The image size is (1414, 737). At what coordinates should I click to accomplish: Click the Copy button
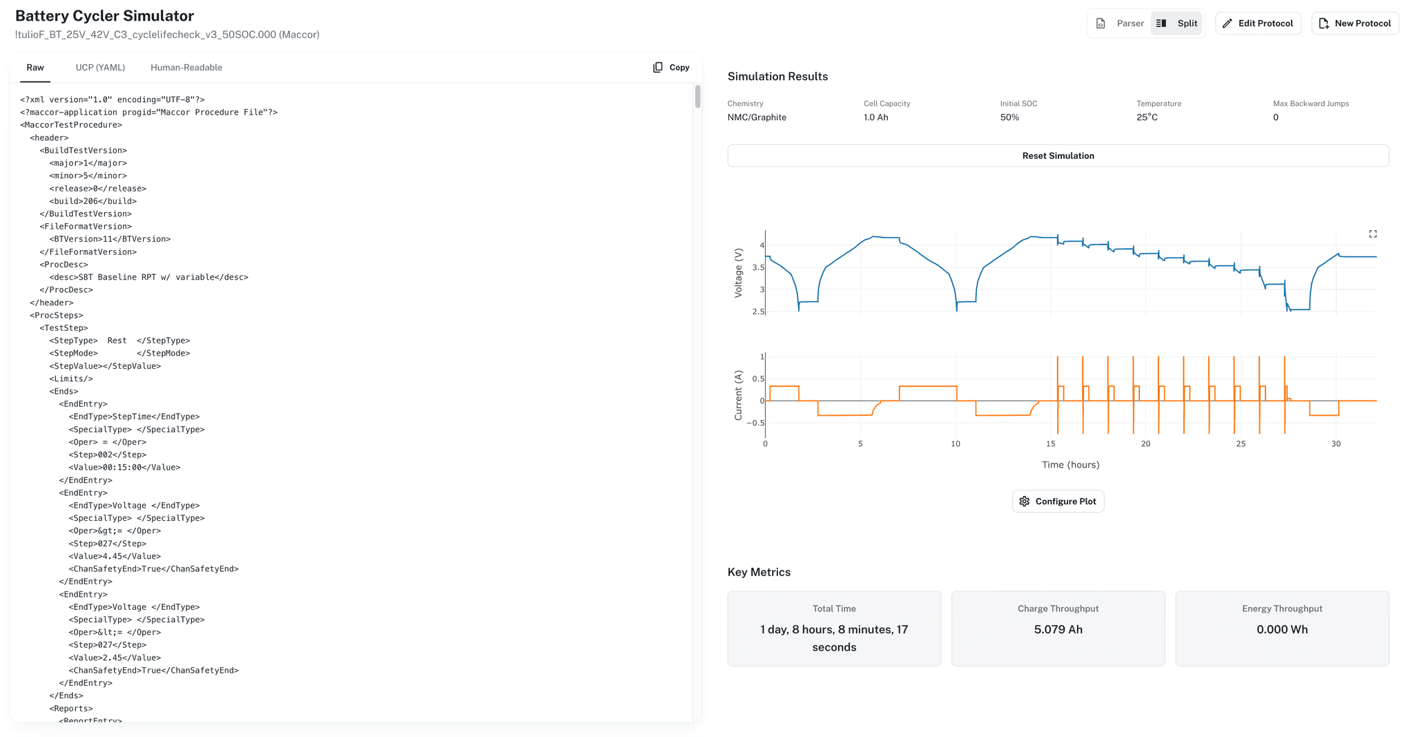(671, 68)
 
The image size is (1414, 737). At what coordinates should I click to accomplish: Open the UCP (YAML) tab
(100, 68)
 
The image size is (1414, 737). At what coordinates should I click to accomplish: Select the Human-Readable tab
(186, 68)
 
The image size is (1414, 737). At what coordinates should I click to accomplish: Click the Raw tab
(35, 68)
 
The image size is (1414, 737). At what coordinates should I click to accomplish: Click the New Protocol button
(1355, 23)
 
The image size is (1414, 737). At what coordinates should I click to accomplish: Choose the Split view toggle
(1177, 23)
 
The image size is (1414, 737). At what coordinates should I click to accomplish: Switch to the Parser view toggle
(1121, 23)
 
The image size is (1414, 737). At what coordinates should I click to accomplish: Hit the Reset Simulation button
(1058, 156)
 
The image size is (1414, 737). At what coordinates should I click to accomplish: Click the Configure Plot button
(1058, 501)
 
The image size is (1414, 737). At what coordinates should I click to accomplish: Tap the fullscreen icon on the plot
(1373, 234)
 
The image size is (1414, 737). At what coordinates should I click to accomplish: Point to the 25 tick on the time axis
(1241, 444)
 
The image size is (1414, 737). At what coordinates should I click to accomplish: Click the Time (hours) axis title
(1070, 465)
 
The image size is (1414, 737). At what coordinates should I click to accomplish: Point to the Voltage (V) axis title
(738, 273)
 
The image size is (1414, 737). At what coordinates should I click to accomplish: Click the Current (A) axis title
(738, 395)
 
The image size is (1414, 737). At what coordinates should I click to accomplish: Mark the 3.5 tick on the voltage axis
(757, 268)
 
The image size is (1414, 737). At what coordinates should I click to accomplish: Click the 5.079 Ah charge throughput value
(1058, 630)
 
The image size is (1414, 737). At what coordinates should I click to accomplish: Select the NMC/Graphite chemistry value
(757, 117)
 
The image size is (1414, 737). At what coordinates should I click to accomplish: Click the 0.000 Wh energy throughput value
(1281, 630)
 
